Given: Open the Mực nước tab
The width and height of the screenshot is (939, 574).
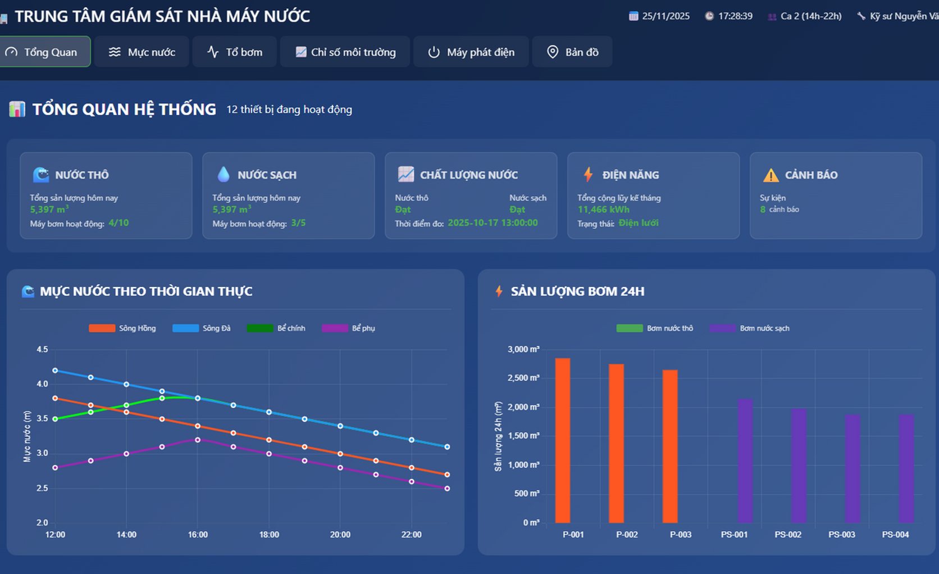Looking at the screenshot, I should (142, 52).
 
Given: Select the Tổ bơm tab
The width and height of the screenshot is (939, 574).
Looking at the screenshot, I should (234, 52).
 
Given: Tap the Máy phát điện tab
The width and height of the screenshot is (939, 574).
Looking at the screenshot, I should (471, 52).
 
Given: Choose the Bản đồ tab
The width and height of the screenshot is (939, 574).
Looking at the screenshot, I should (572, 52).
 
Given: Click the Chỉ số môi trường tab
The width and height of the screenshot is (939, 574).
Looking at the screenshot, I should (345, 52).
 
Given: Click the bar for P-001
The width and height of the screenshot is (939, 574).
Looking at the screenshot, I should (563, 441).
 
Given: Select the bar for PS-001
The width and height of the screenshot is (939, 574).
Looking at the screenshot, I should (745, 461).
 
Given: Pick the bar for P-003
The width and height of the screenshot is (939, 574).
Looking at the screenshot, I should (670, 447).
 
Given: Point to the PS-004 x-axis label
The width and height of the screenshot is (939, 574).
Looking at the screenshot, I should (895, 535).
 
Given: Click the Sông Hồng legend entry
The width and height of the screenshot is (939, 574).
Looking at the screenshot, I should (122, 329).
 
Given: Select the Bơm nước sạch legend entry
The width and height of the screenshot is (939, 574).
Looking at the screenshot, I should (750, 329).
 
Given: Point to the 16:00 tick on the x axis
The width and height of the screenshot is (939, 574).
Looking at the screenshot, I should (198, 535).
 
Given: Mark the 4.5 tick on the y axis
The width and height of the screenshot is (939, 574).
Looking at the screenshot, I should (42, 349).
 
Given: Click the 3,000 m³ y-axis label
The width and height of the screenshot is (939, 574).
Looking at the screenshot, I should (523, 349).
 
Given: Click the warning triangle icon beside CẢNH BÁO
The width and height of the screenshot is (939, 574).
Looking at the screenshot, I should (771, 175).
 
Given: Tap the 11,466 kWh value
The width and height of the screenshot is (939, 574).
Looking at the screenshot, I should (603, 209).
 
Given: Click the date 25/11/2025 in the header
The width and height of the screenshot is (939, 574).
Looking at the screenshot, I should (665, 16).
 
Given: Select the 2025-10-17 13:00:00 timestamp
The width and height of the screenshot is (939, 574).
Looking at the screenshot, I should (493, 223).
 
